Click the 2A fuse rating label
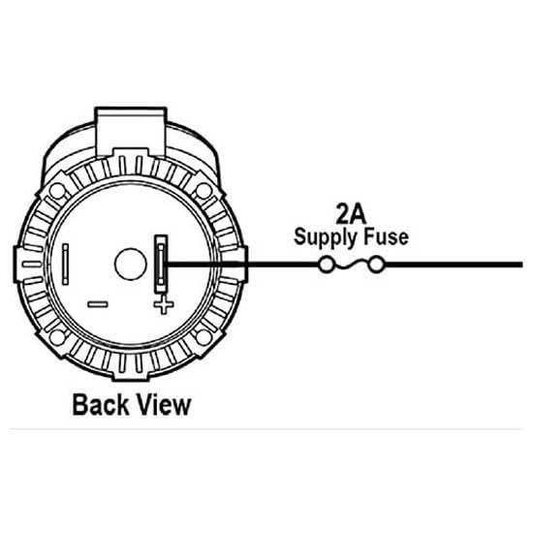coord(351,214)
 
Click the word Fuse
coord(386,236)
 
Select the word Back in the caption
coord(101,404)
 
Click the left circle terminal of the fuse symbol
coord(326,265)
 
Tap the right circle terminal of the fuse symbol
coord(377,265)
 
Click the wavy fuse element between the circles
coord(351,265)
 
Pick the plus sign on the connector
coord(164,304)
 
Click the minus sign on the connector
coord(98,304)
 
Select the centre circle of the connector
coord(131,265)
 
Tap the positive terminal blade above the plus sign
coord(161,264)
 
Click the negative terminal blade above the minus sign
coord(65,265)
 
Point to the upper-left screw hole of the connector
coord(57,191)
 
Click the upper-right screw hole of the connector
coord(204,191)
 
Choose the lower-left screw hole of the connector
coord(57,337)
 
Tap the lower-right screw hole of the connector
coord(204,337)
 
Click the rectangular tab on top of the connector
coord(131,132)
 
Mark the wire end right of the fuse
coord(522,265)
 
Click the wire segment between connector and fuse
coord(242,265)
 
